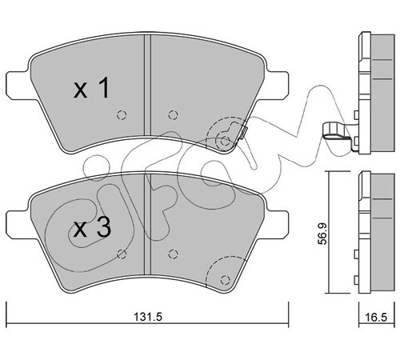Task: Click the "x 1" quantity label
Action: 91,88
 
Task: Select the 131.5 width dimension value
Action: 148,317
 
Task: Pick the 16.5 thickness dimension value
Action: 377,318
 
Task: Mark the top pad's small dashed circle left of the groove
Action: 122,115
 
